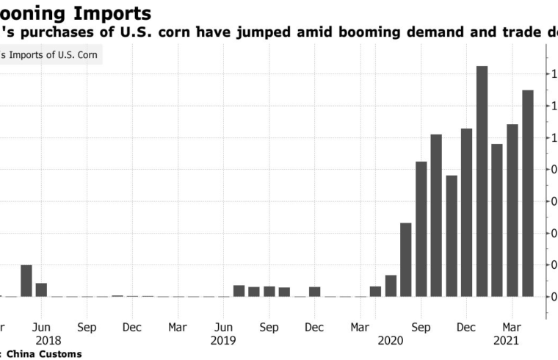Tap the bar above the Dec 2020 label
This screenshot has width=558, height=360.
click(x=466, y=213)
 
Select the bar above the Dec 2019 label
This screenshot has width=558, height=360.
click(x=314, y=292)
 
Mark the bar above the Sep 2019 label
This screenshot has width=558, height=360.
click(x=269, y=292)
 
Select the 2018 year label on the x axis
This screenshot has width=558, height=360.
click(x=48, y=341)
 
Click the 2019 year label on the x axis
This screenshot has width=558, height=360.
click(x=223, y=341)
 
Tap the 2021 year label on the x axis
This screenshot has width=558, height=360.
click(x=506, y=341)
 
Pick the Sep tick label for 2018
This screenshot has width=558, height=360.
click(x=87, y=326)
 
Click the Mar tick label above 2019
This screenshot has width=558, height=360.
click(x=177, y=326)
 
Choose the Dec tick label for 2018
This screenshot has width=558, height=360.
click(x=132, y=326)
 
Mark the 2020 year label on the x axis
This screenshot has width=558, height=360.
click(x=391, y=341)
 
